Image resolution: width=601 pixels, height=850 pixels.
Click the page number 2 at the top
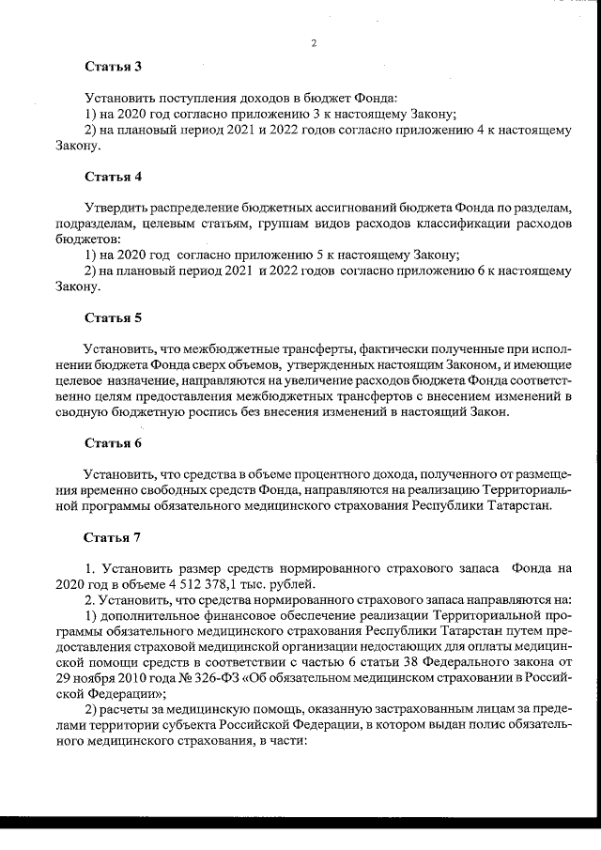click(x=314, y=43)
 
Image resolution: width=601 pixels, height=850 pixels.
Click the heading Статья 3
click(x=113, y=67)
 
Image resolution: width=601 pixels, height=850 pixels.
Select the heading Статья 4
click(x=113, y=176)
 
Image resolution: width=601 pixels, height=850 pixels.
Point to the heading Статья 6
click(x=113, y=442)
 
